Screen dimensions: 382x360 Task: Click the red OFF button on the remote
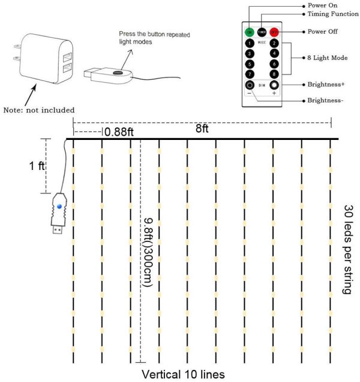point(274,32)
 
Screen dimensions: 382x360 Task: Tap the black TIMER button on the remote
point(262,32)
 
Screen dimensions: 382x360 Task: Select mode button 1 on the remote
point(249,43)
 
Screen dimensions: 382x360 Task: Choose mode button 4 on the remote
point(274,53)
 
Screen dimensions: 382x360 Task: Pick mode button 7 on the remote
point(249,74)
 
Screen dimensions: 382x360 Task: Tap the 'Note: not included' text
point(39,110)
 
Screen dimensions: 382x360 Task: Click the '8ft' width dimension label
point(202,129)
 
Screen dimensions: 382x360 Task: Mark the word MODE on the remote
point(262,44)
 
